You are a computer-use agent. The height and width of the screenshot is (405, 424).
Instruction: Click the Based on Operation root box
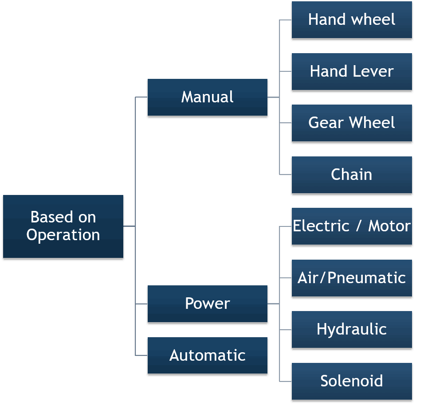tap(63, 226)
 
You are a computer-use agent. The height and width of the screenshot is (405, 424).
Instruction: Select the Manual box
tap(207, 97)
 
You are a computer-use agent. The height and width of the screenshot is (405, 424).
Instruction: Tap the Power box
tap(207, 304)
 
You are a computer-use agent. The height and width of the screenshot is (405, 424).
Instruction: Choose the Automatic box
tap(207, 355)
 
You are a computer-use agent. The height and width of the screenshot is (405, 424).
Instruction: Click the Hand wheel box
tap(352, 19)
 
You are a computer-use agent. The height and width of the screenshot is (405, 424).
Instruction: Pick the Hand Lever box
tap(352, 71)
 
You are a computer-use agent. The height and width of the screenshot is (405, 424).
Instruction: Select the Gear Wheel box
tap(352, 123)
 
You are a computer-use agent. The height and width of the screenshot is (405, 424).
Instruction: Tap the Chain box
tap(352, 175)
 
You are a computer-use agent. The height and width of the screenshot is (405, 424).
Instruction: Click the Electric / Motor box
tap(352, 226)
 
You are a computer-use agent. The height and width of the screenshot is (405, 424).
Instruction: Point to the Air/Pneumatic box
tap(352, 278)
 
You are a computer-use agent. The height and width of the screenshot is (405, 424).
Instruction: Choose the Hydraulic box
tap(352, 329)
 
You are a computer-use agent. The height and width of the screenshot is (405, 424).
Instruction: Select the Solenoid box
tap(352, 381)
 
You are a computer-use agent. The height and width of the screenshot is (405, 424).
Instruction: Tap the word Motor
tap(389, 226)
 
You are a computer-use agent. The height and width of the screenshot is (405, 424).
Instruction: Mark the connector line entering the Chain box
tap(286, 175)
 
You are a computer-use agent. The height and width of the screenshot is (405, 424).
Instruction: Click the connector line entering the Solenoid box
tap(286, 381)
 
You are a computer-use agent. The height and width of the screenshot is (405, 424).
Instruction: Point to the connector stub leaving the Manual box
tap(273, 97)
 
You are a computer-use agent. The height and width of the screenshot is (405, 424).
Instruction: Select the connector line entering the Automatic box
tap(141, 355)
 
